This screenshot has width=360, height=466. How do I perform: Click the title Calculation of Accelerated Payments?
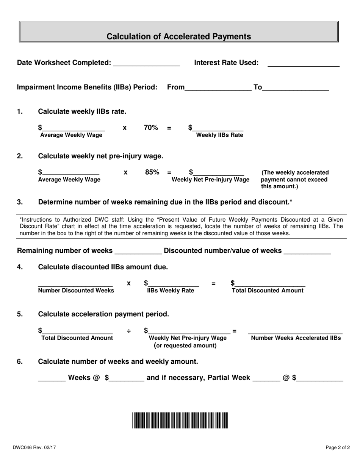(178, 36)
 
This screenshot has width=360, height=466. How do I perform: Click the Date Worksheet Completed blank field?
(146, 63)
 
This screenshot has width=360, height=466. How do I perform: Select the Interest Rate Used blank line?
(303, 63)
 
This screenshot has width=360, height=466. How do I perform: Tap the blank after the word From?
(218, 88)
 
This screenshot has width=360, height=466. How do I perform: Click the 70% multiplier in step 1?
(151, 128)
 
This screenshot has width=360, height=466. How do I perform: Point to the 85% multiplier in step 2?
(152, 172)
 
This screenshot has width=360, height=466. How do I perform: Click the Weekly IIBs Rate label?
(219, 135)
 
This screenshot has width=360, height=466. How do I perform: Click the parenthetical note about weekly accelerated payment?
(294, 180)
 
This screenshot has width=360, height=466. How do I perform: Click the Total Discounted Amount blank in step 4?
(270, 283)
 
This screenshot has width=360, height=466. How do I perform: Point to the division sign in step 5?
(129, 332)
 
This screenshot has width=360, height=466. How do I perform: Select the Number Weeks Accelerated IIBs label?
(296, 338)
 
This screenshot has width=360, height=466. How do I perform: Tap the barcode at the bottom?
(180, 420)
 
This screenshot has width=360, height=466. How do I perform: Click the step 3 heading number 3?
(20, 202)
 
